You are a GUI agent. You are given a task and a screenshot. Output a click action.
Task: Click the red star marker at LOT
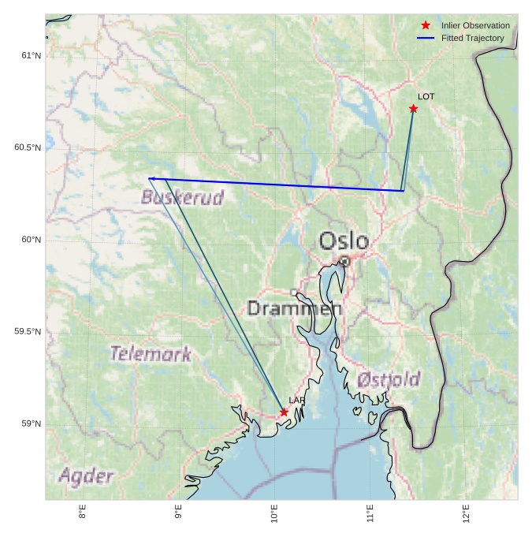pos(413,109)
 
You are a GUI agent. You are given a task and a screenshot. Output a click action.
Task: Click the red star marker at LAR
pos(284,412)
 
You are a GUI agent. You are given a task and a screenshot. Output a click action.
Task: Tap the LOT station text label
pos(426,97)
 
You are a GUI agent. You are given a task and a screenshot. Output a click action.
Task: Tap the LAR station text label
pos(296,401)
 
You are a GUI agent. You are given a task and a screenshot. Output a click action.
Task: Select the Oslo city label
pos(344,241)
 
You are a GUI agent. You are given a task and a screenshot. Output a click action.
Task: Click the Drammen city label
pos(295,308)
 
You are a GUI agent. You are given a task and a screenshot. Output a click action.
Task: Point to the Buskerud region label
pos(182,197)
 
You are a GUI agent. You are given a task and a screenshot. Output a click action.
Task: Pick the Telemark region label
pos(151,354)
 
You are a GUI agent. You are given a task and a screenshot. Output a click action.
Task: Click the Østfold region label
pos(388,380)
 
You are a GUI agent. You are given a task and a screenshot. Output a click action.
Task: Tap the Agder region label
pos(86,476)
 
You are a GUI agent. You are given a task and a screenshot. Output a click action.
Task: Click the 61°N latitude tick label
pos(32,55)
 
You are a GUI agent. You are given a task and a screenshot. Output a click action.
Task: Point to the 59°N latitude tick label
pos(32,423)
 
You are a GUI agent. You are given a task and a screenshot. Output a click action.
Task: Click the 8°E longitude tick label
pos(83,513)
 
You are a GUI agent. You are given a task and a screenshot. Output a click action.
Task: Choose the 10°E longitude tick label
pos(274,513)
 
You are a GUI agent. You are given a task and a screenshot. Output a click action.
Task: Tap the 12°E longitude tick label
pos(467,513)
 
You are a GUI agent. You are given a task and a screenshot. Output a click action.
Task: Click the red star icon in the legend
pos(426,25)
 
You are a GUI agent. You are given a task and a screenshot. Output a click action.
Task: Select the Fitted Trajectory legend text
pos(472,38)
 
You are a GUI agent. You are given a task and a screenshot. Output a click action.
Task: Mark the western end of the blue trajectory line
pos(149,178)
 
